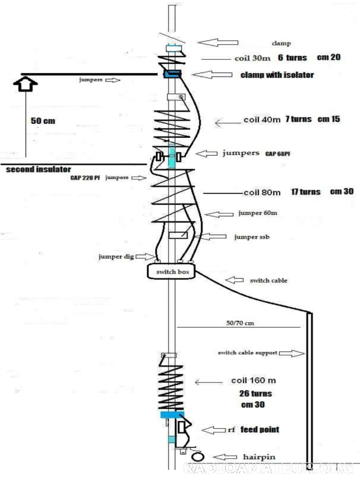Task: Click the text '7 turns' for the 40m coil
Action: [298, 119]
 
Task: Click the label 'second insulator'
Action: [39, 169]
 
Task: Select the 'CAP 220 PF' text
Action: [86, 178]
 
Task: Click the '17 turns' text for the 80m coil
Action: [304, 192]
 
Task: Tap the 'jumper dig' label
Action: [116, 256]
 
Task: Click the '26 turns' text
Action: [255, 393]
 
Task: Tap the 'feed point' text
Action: [260, 430]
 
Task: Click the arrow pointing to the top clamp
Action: [218, 42]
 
